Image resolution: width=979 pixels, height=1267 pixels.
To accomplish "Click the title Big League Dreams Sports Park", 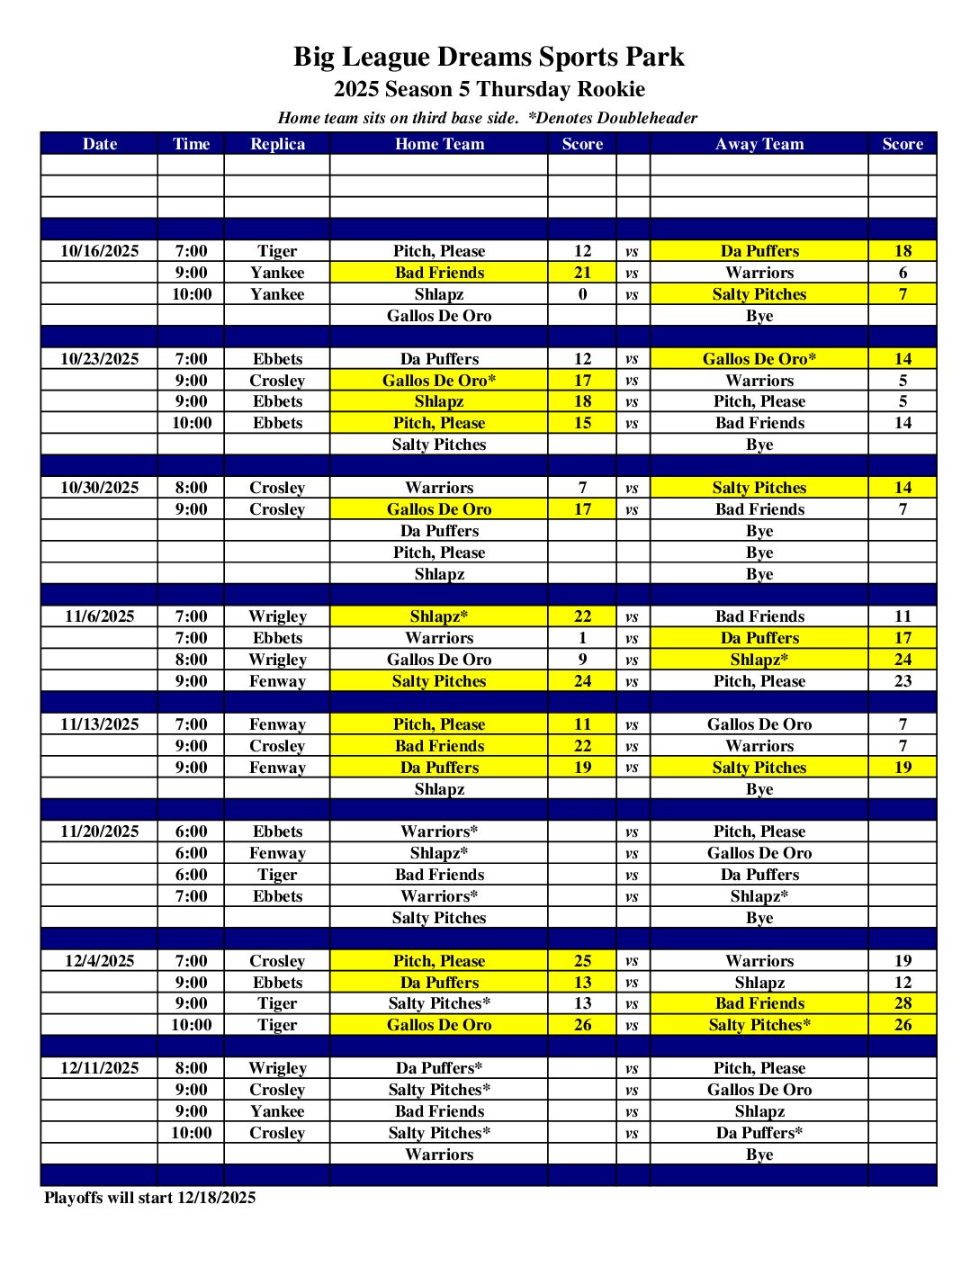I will tap(489, 57).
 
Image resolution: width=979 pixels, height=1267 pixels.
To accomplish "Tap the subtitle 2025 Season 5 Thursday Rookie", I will tap(489, 89).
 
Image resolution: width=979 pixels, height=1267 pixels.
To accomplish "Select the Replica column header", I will tap(277, 144).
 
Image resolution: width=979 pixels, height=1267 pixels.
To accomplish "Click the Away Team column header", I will tap(759, 144).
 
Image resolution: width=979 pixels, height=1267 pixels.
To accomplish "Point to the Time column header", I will tap(191, 144).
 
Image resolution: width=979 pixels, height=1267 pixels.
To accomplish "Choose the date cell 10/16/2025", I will tap(99, 251).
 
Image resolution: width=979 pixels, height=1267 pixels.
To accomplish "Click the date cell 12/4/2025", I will tap(99, 961).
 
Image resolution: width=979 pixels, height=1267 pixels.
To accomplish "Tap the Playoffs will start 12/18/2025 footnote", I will tap(150, 1198).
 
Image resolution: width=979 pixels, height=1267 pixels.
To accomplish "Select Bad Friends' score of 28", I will tap(903, 1003).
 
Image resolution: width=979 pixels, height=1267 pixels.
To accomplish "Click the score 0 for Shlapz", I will tap(582, 294).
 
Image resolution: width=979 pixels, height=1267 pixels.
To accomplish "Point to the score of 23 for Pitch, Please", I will tap(903, 681).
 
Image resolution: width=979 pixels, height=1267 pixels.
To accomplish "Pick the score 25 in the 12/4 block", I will tap(582, 961).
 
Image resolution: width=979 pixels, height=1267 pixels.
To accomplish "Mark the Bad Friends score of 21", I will tap(582, 273).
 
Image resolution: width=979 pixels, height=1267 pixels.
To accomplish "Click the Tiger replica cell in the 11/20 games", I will tap(277, 875).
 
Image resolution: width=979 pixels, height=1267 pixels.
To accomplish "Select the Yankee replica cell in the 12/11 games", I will tap(277, 1111).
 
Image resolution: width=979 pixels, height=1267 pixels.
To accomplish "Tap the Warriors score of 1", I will tap(582, 638).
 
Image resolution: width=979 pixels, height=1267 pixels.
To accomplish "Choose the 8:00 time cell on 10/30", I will tap(191, 488).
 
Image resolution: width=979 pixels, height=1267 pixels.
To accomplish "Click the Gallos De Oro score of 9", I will tap(582, 660).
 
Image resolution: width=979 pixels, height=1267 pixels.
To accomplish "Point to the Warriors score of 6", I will tap(903, 273).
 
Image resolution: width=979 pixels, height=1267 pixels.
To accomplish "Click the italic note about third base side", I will tap(487, 118).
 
